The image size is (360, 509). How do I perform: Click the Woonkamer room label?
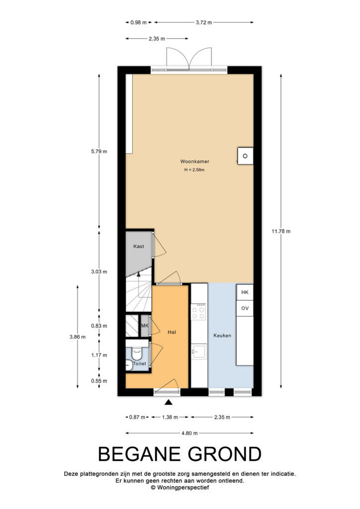[x=194, y=162]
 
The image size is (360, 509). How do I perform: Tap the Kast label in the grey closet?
[x=139, y=247]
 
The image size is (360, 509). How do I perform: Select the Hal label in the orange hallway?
[x=172, y=332]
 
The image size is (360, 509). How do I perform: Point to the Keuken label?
[x=222, y=336]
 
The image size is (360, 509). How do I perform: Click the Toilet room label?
[x=140, y=363]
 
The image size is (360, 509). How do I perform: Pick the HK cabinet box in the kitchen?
[x=245, y=292]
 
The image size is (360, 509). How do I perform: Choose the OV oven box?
[x=245, y=308]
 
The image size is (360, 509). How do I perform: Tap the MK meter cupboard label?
[x=145, y=326]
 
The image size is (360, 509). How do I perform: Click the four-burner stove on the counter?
[x=199, y=312]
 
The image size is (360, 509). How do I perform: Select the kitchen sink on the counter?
[x=198, y=351]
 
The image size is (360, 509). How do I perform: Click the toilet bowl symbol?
[x=137, y=354]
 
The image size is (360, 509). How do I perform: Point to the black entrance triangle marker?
[x=168, y=403]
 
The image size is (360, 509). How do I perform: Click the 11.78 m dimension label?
[x=281, y=232]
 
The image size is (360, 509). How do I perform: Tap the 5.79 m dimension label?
[x=99, y=151]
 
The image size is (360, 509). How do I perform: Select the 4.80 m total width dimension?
[x=189, y=433]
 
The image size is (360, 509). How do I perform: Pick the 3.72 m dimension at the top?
[x=204, y=22]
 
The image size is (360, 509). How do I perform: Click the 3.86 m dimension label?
[x=78, y=337]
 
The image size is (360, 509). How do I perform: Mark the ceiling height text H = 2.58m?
[x=194, y=170]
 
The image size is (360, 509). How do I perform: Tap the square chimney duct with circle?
[x=245, y=156]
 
